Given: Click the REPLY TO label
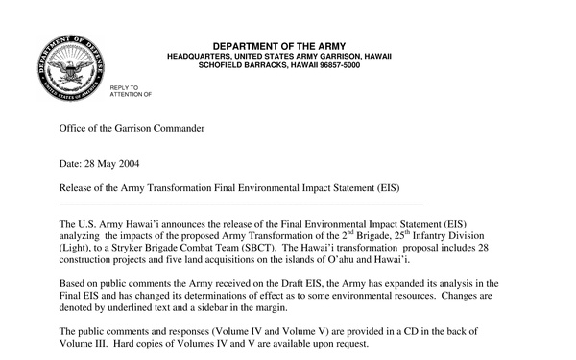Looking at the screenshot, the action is (x=124, y=87).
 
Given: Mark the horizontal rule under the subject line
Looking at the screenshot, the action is (x=240, y=204).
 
